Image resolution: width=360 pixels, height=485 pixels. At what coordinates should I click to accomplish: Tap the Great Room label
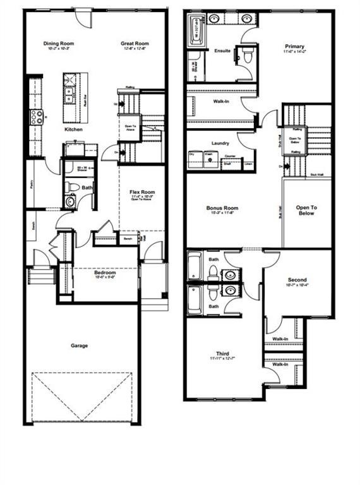click(135, 44)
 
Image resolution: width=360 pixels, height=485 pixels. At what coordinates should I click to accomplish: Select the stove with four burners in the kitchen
click(35, 116)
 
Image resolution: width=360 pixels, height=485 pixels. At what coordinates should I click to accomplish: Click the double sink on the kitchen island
click(69, 95)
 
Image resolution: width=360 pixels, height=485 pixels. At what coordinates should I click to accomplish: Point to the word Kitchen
click(73, 130)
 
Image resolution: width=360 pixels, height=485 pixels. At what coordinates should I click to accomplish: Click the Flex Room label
click(143, 192)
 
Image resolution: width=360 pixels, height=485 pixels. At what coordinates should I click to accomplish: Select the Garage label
click(80, 345)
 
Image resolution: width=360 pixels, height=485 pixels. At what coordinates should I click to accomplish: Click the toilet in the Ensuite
click(248, 56)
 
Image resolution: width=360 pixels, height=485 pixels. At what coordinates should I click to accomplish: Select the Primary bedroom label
click(294, 46)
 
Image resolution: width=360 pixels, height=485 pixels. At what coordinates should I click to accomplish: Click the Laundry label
click(221, 143)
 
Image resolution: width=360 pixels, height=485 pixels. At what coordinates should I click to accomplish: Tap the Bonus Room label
click(222, 208)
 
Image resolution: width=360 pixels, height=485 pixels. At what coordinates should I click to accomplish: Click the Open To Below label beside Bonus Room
click(307, 210)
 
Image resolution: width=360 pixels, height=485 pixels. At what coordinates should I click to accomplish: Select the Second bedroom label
click(297, 280)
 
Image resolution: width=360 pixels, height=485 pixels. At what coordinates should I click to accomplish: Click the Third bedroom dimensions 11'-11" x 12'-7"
click(222, 359)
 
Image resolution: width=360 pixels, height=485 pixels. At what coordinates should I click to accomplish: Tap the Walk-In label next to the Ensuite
click(221, 101)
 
